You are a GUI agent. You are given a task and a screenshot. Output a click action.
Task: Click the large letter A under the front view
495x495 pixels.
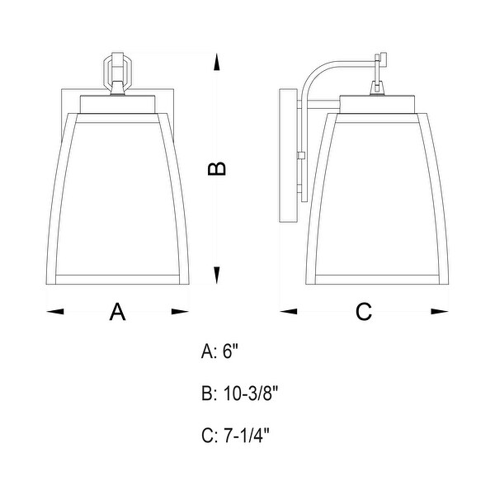(117, 312)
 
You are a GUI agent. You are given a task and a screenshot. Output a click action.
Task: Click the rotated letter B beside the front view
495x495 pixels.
(217, 168)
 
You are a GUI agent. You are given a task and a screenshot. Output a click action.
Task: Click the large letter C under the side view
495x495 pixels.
(364, 312)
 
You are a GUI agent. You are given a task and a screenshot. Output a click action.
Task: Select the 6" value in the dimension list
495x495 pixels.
(230, 351)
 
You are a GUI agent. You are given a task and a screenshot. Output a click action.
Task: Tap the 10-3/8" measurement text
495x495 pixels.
(250, 394)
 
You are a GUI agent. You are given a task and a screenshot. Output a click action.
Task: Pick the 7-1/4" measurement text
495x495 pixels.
(246, 436)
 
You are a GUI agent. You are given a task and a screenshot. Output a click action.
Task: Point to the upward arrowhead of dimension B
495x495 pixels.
(216, 62)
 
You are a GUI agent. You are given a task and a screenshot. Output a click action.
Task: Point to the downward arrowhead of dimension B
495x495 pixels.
(216, 275)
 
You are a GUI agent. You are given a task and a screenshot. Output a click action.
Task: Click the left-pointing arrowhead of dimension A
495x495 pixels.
(55, 312)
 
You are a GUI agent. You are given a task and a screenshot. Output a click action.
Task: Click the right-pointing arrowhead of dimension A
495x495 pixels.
(180, 312)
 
